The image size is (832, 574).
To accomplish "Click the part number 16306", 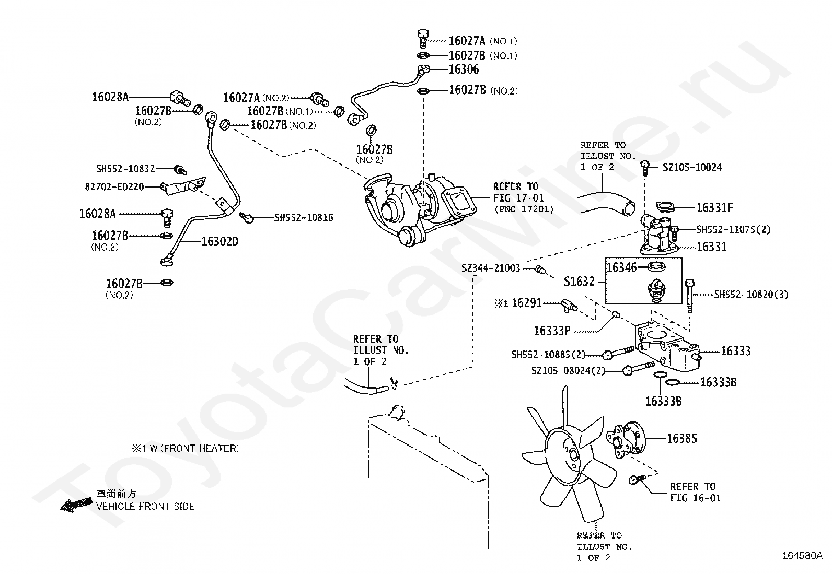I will [x=464, y=69].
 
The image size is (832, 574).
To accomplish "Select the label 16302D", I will [x=219, y=242].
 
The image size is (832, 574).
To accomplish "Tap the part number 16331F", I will [x=714, y=208].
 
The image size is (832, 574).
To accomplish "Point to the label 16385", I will [x=681, y=439].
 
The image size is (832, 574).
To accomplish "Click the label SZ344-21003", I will [x=491, y=268].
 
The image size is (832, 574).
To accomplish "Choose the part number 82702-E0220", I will [x=114, y=186].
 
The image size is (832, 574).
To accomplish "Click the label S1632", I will [x=579, y=282].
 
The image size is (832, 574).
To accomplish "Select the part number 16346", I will [x=621, y=267].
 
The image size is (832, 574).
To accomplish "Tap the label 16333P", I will [x=552, y=331].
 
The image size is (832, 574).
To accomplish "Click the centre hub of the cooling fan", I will [x=572, y=454].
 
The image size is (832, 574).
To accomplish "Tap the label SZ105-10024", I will [x=692, y=168].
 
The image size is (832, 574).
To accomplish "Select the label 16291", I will [x=526, y=303].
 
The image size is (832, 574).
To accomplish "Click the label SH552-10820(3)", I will [x=751, y=295].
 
